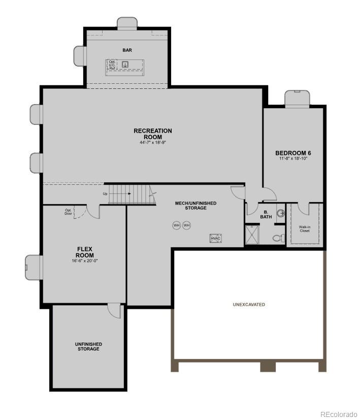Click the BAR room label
127,50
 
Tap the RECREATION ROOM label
153,134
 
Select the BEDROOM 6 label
293,153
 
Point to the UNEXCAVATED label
249,305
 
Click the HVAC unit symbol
216,238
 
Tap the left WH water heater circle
177,225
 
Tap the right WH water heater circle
186,225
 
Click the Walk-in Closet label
304,229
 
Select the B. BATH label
266,214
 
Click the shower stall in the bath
252,235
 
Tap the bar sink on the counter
125,64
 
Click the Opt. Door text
68,212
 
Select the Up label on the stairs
105,194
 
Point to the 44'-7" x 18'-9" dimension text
153,143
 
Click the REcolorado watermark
338,413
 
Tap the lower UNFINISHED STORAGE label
88,346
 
